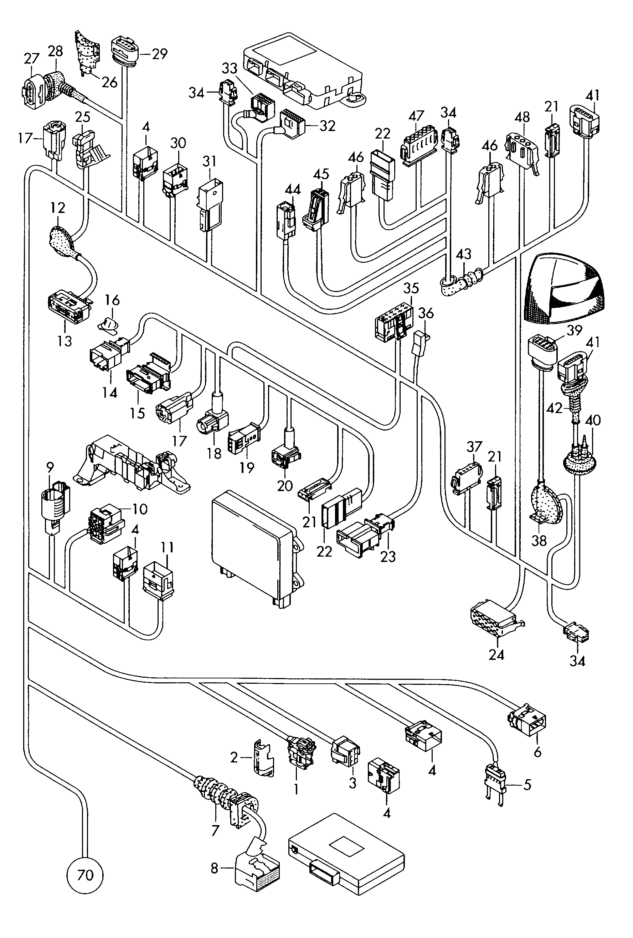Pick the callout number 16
[x=113, y=300]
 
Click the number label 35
[x=411, y=288]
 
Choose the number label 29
[x=160, y=54]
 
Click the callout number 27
[x=31, y=59]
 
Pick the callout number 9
[x=50, y=468]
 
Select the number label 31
[x=209, y=161]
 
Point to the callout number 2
[x=234, y=758]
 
